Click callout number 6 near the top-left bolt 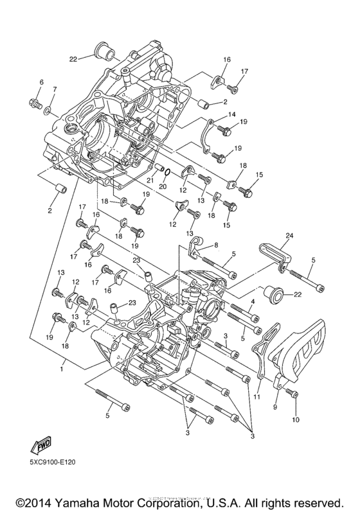click(x=41, y=82)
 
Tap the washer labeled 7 click(x=49, y=110)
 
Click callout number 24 click(x=289, y=236)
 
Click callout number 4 click(x=253, y=301)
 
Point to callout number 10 click(x=296, y=420)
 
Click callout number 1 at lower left click(x=63, y=370)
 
